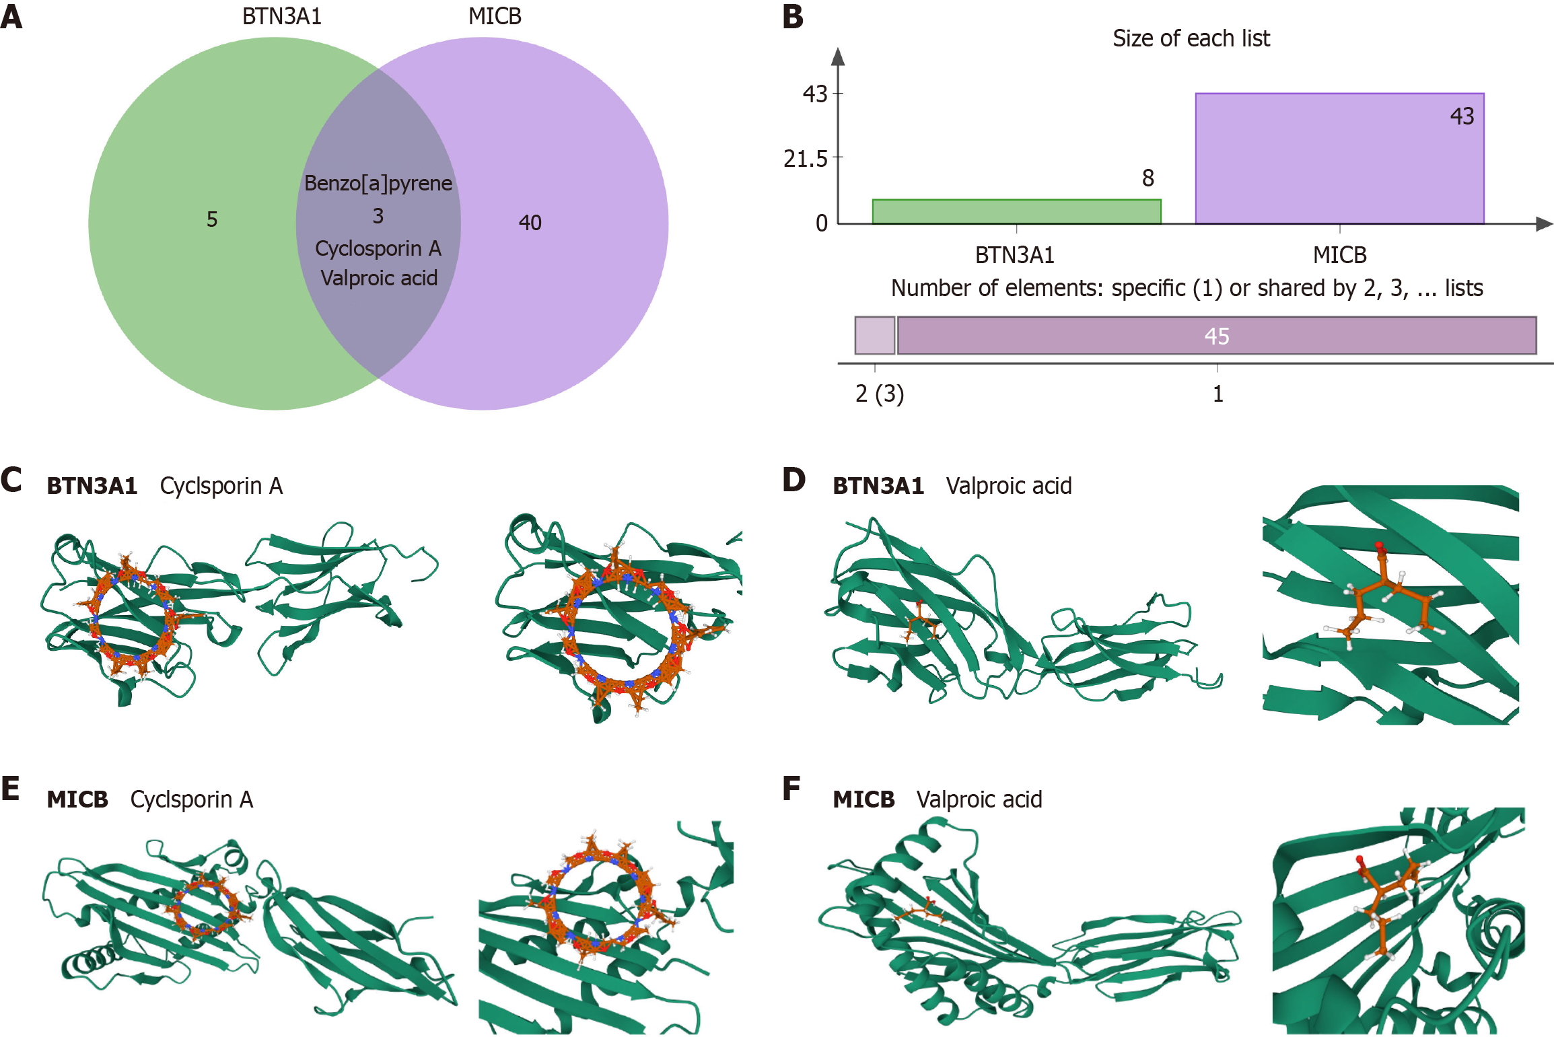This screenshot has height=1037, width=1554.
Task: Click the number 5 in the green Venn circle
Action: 212,219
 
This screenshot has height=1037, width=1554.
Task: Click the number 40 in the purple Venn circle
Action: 530,223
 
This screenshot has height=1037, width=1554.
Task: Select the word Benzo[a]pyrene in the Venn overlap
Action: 378,183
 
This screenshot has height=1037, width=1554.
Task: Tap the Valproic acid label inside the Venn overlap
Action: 379,278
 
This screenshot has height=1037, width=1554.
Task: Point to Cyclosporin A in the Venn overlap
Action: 378,248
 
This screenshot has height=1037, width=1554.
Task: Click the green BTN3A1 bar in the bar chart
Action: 1016,211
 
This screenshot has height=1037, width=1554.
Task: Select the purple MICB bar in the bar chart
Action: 1339,158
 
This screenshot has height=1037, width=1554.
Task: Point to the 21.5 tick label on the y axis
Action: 806,159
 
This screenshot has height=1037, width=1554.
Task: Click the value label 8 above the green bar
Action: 1148,178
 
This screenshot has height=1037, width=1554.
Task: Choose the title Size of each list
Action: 1191,38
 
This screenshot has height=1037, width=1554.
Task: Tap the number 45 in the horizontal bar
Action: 1217,336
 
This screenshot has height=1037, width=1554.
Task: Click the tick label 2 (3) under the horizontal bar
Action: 880,394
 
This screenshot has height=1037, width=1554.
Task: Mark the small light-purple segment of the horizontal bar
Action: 875,335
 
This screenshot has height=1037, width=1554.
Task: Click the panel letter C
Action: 11,480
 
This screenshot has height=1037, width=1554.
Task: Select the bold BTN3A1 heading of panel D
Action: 878,486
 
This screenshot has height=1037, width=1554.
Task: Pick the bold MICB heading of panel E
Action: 77,799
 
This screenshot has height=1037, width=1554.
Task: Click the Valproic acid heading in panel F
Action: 979,799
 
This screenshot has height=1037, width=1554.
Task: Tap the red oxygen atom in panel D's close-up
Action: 1379,546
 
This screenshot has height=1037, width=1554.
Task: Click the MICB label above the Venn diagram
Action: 495,16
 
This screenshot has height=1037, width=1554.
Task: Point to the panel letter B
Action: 793,16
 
